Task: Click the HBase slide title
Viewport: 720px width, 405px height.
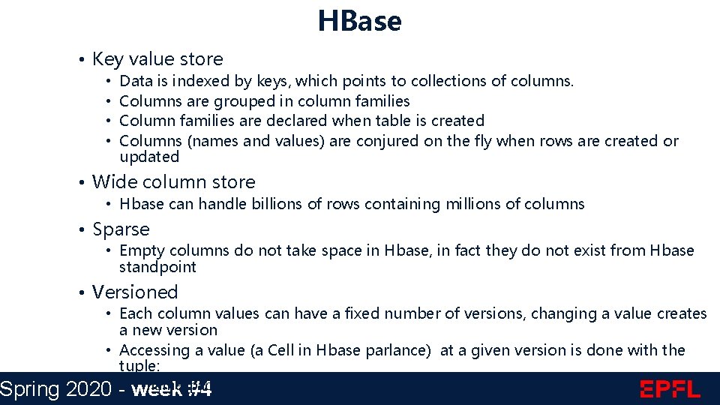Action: point(359,20)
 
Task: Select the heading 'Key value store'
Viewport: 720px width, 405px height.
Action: point(157,58)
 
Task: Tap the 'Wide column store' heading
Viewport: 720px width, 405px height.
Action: point(173,181)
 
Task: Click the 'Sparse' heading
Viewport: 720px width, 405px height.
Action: point(121,229)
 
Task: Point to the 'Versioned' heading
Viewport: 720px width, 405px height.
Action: point(135,292)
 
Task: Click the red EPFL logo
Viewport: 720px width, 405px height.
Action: point(670,388)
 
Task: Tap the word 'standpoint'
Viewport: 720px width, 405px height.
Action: point(157,267)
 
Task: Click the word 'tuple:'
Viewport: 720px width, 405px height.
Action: point(139,365)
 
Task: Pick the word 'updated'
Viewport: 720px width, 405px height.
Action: point(149,157)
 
